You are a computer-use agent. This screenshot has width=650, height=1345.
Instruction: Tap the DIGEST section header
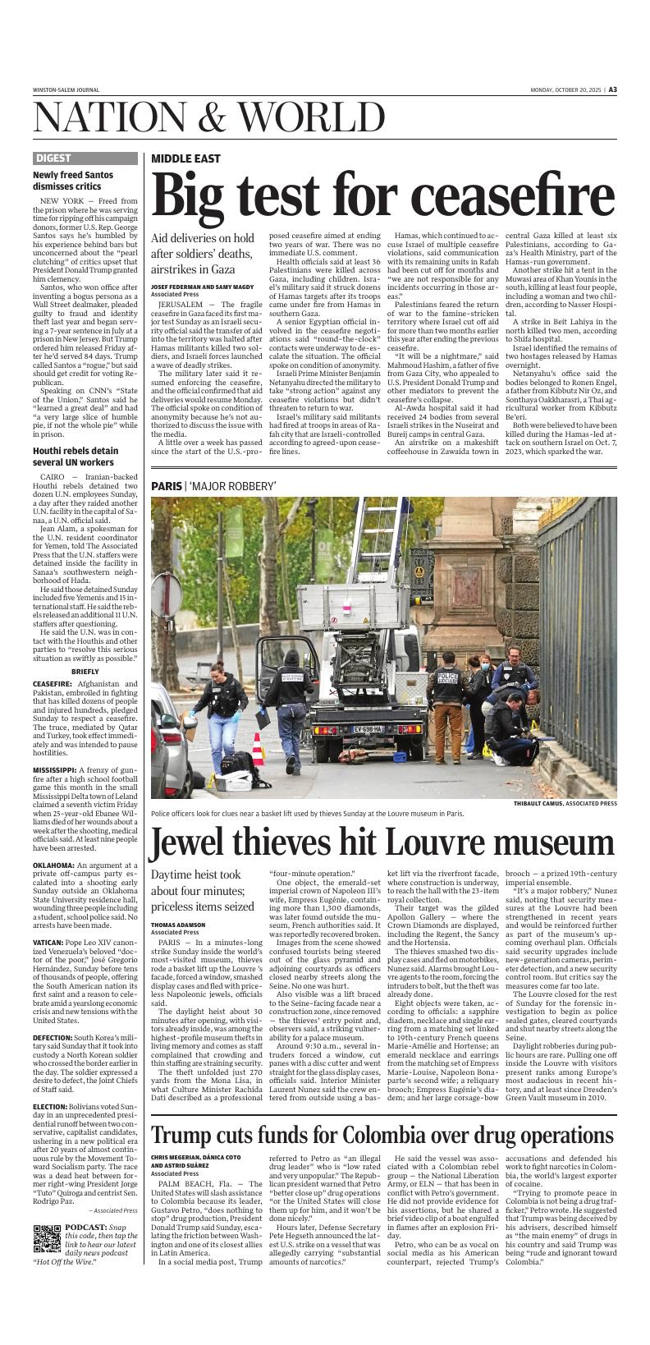(53, 158)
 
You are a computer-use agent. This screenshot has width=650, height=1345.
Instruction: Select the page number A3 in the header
(612, 90)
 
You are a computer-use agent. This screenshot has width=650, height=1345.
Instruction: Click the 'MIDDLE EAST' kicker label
(185, 158)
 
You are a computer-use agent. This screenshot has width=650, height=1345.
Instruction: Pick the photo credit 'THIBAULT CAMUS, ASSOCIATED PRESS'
(565, 803)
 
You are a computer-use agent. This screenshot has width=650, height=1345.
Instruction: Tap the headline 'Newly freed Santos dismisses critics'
(73, 181)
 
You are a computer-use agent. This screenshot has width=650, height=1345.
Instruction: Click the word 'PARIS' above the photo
(166, 486)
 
